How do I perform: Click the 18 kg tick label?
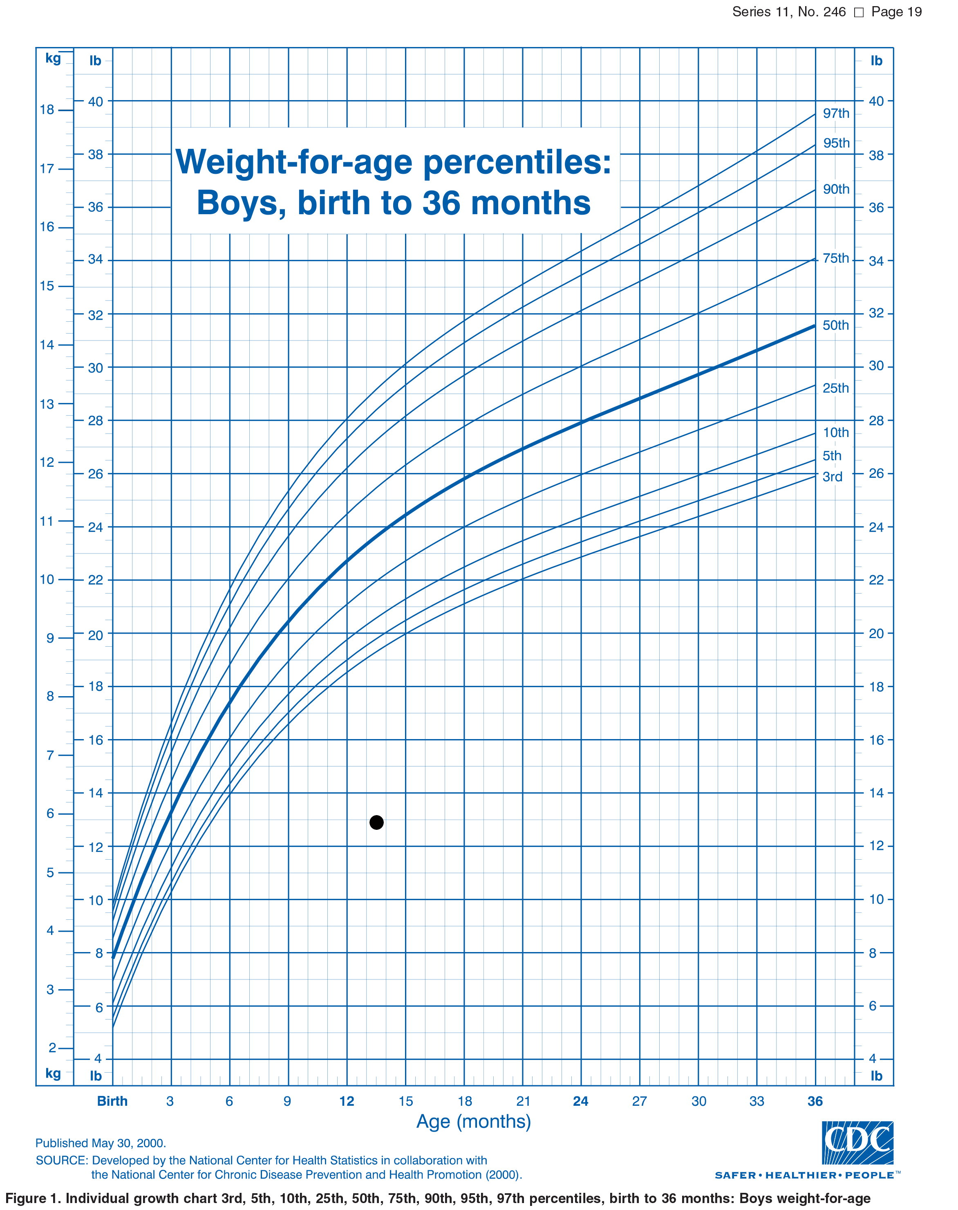[47, 110]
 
